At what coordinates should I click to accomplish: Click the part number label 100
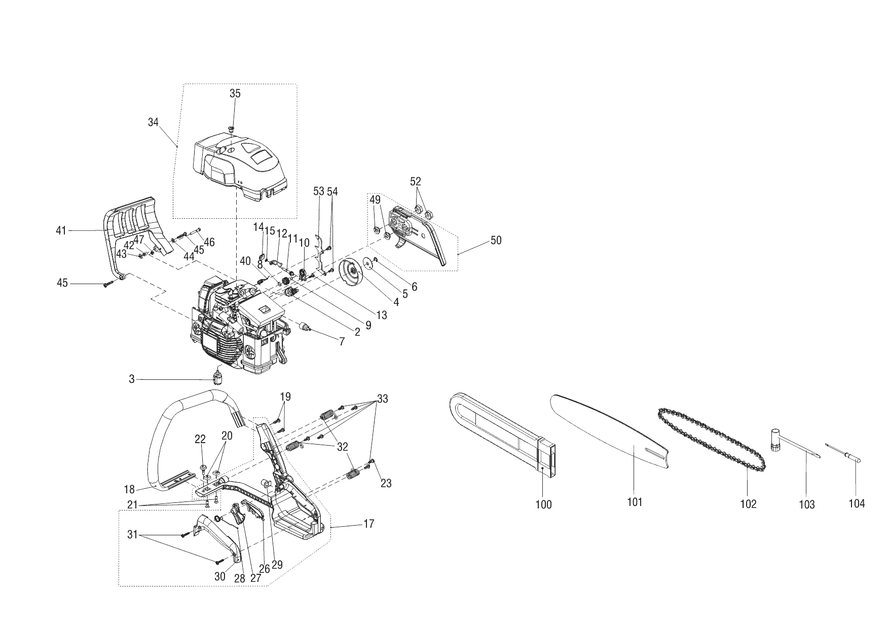coord(543,504)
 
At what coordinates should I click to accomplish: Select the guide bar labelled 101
coord(613,430)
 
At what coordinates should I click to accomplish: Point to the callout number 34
coord(153,122)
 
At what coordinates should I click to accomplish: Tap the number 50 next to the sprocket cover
coord(496,241)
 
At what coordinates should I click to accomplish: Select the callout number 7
coord(342,342)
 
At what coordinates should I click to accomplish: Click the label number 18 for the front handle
coord(129,489)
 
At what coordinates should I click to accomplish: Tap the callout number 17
coord(368,524)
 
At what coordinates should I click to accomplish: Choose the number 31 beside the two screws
coord(132,534)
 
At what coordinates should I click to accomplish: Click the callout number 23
coord(386,484)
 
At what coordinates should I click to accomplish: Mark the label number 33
coord(383,399)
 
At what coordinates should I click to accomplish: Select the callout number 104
coord(857,503)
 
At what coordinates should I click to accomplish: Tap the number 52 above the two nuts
coord(416,181)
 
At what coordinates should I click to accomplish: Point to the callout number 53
coord(318,191)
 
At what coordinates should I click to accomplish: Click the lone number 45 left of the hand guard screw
coord(62,283)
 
